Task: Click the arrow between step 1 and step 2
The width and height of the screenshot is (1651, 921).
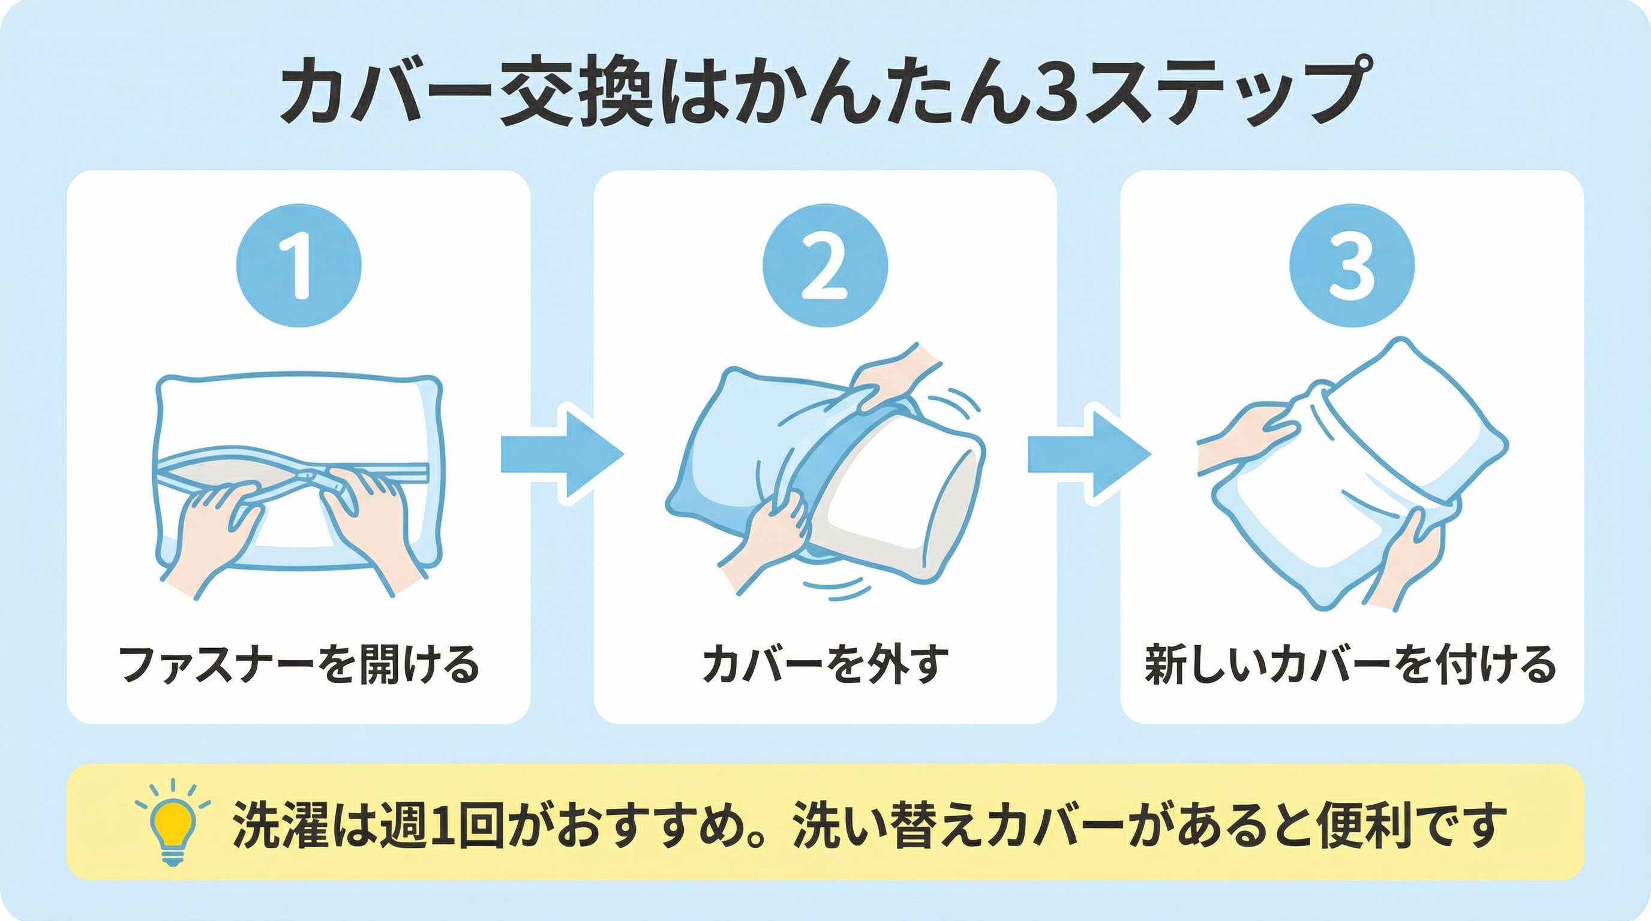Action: click(562, 454)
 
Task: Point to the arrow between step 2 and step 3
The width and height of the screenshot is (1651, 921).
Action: click(1088, 454)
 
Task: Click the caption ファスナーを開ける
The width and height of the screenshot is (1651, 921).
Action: click(299, 665)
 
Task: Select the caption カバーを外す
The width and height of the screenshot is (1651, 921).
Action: click(825, 665)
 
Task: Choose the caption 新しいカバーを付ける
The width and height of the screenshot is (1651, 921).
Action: click(1351, 665)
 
